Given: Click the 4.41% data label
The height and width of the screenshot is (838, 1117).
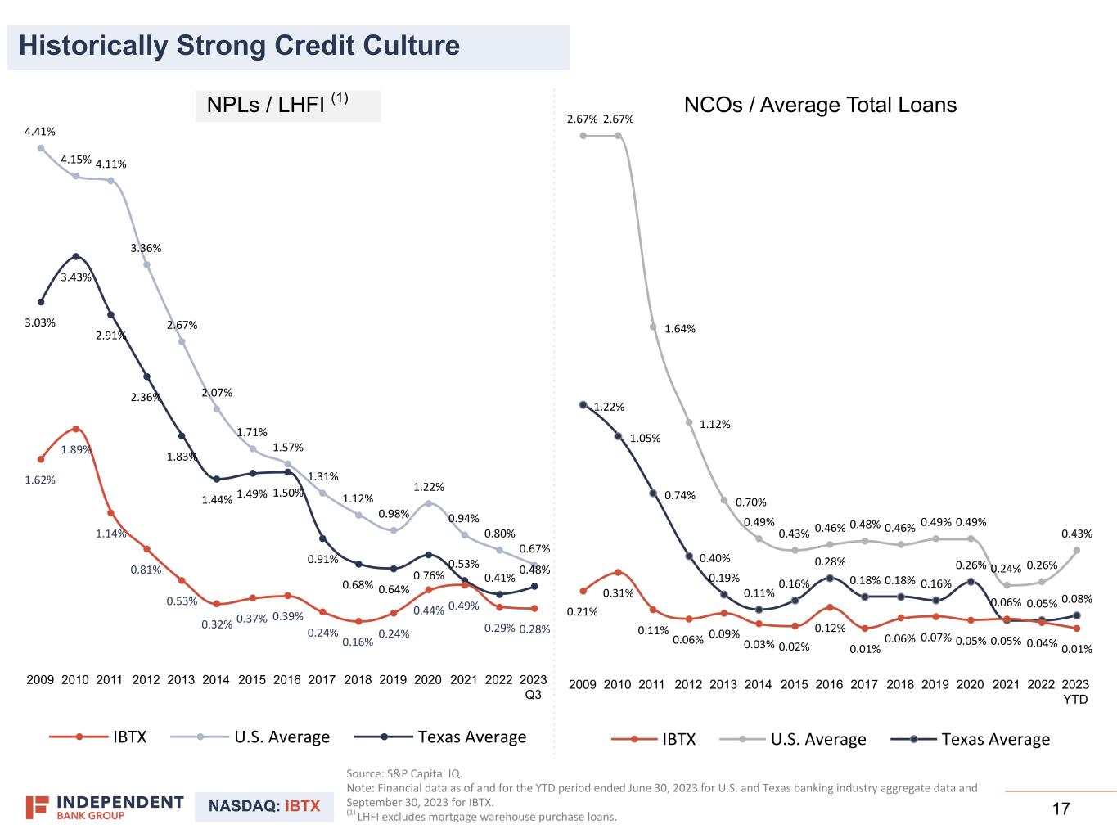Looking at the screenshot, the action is click(x=40, y=131).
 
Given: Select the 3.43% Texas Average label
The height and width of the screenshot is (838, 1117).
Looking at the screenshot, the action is click(x=76, y=277).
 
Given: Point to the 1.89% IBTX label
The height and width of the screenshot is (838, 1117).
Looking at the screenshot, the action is click(x=76, y=450).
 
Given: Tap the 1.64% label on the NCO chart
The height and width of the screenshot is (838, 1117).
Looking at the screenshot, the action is click(x=680, y=329).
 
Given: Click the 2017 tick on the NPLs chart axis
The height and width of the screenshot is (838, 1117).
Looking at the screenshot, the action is click(x=322, y=680).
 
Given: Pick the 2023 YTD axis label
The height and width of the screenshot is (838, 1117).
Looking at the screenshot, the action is click(x=1075, y=692).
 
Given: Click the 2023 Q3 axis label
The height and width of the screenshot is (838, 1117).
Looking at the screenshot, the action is click(x=533, y=687).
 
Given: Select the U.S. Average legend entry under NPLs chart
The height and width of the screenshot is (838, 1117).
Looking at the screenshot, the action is click(x=250, y=737).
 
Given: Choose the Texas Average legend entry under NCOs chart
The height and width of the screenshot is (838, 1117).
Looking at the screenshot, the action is click(x=970, y=739).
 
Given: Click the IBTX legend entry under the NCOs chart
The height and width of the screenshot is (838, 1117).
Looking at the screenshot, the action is click(x=653, y=739).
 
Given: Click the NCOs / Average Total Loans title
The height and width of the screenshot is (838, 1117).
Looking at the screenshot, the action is click(x=820, y=105).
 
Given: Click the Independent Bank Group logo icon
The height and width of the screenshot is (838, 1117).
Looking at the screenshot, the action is click(x=37, y=808).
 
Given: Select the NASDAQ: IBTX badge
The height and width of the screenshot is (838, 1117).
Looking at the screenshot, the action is click(x=264, y=806).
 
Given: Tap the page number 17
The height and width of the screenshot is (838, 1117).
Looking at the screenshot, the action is click(x=1061, y=809).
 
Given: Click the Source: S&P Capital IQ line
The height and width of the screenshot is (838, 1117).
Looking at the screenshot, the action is click(x=404, y=773).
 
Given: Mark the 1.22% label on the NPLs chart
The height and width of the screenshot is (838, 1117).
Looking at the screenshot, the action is click(x=429, y=487).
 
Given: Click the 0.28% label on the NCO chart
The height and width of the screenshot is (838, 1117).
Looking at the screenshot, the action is click(x=831, y=561).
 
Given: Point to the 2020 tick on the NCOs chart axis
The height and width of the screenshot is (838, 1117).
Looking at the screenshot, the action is click(x=970, y=684).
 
